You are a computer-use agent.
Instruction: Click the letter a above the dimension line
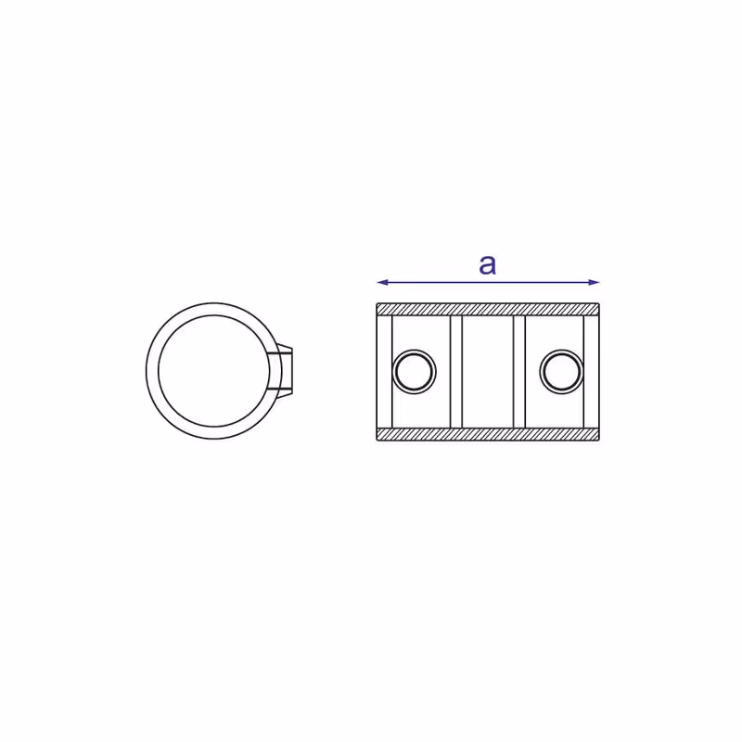coord(488,265)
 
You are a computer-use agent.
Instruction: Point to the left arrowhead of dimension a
coord(382,283)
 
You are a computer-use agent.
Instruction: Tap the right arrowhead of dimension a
coord(594,283)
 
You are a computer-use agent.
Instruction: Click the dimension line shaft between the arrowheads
coord(488,283)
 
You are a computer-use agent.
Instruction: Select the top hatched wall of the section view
coord(488,310)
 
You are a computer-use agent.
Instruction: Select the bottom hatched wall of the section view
coord(488,434)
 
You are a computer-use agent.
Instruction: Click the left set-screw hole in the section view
coord(415,372)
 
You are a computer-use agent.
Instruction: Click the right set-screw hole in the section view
coord(561,372)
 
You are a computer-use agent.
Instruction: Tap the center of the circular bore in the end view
coord(214,371)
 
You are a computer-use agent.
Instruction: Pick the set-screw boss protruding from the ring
coord(283,371)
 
